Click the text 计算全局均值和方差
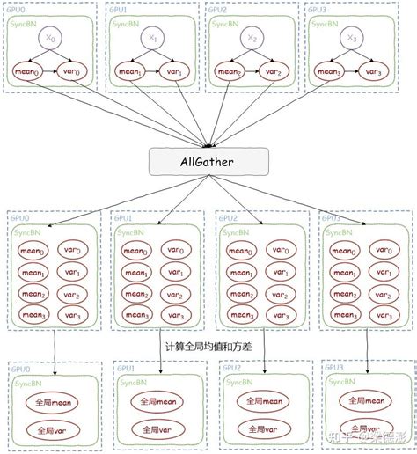coord(208,347)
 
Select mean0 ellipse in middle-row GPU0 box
coord(33,253)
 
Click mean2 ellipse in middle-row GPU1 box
coord(135,295)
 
